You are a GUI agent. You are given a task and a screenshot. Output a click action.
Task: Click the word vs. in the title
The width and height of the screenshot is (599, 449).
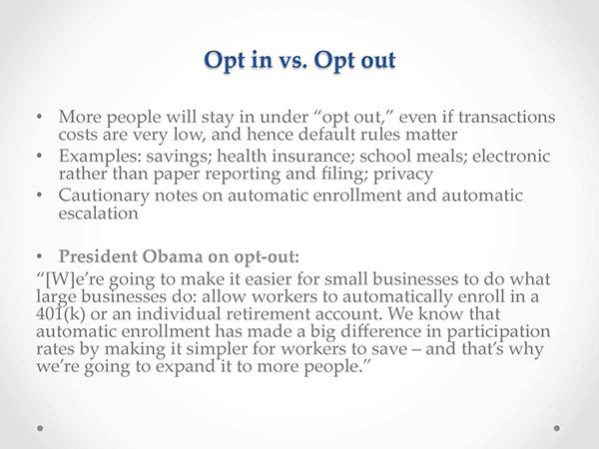pyautogui.click(x=293, y=60)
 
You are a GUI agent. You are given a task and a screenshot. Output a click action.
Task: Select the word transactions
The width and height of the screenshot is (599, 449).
pyautogui.click(x=507, y=117)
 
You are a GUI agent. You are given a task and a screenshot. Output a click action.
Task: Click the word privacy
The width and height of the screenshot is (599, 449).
pyautogui.click(x=403, y=175)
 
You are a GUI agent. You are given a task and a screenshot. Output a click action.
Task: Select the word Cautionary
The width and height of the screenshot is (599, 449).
pyautogui.click(x=104, y=197)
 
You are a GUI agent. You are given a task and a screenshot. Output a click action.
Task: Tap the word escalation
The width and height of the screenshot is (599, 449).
pyautogui.click(x=98, y=214)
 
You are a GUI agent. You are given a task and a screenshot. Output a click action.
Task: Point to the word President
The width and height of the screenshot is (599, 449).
pyautogui.click(x=98, y=256)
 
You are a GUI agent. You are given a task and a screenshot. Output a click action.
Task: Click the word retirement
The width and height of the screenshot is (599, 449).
pyautogui.click(x=269, y=314)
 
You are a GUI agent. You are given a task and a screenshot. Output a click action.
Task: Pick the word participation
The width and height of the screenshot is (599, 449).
pyautogui.click(x=498, y=332)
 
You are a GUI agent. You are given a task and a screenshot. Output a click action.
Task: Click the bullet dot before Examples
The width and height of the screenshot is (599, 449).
pyautogui.click(x=39, y=156)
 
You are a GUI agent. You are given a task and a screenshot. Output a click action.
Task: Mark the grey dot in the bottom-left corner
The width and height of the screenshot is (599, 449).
pyautogui.click(x=40, y=428)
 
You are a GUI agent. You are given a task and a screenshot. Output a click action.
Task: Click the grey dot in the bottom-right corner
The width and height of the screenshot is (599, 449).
pyautogui.click(x=557, y=428)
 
